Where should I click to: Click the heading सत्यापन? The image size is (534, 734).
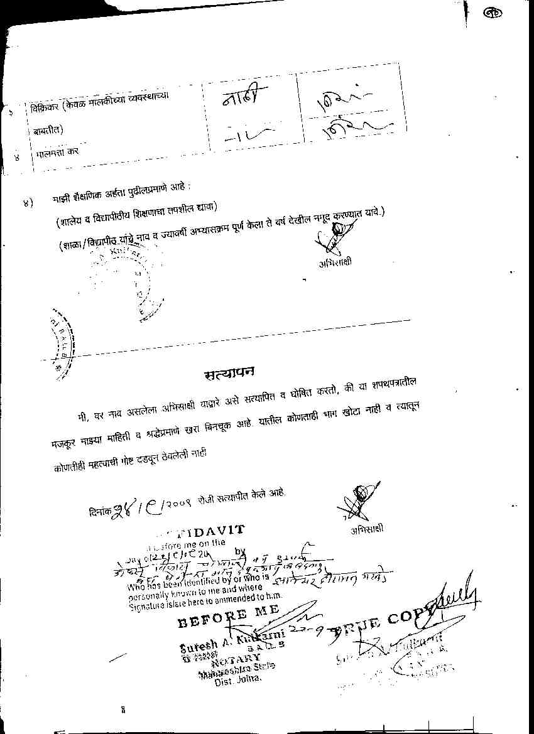229,374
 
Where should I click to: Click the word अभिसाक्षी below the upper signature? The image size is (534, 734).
335,262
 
